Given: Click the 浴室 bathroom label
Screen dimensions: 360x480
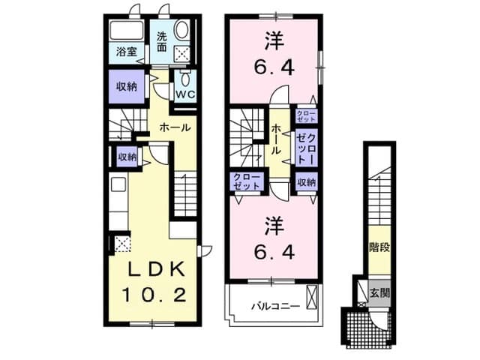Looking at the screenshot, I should tap(127, 52).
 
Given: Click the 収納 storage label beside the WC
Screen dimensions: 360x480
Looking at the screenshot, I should tap(126, 87).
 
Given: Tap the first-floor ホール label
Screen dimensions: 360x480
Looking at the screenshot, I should tap(175, 127).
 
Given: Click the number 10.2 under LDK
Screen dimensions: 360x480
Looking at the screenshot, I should tap(153, 295).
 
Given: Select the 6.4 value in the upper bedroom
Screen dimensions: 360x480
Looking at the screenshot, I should tap(274, 69).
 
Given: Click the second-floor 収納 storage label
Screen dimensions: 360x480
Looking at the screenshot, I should tap(306, 182).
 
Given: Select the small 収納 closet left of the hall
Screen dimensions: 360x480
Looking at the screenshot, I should tap(127, 157).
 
